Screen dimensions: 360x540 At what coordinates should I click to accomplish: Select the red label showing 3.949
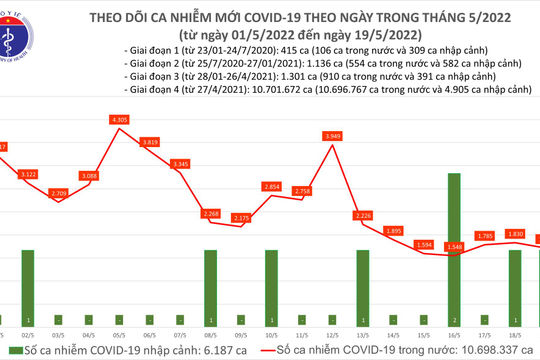coord(335,135)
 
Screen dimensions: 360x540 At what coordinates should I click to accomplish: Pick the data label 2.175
coord(241,217)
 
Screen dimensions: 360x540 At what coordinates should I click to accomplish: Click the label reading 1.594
coord(425,244)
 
